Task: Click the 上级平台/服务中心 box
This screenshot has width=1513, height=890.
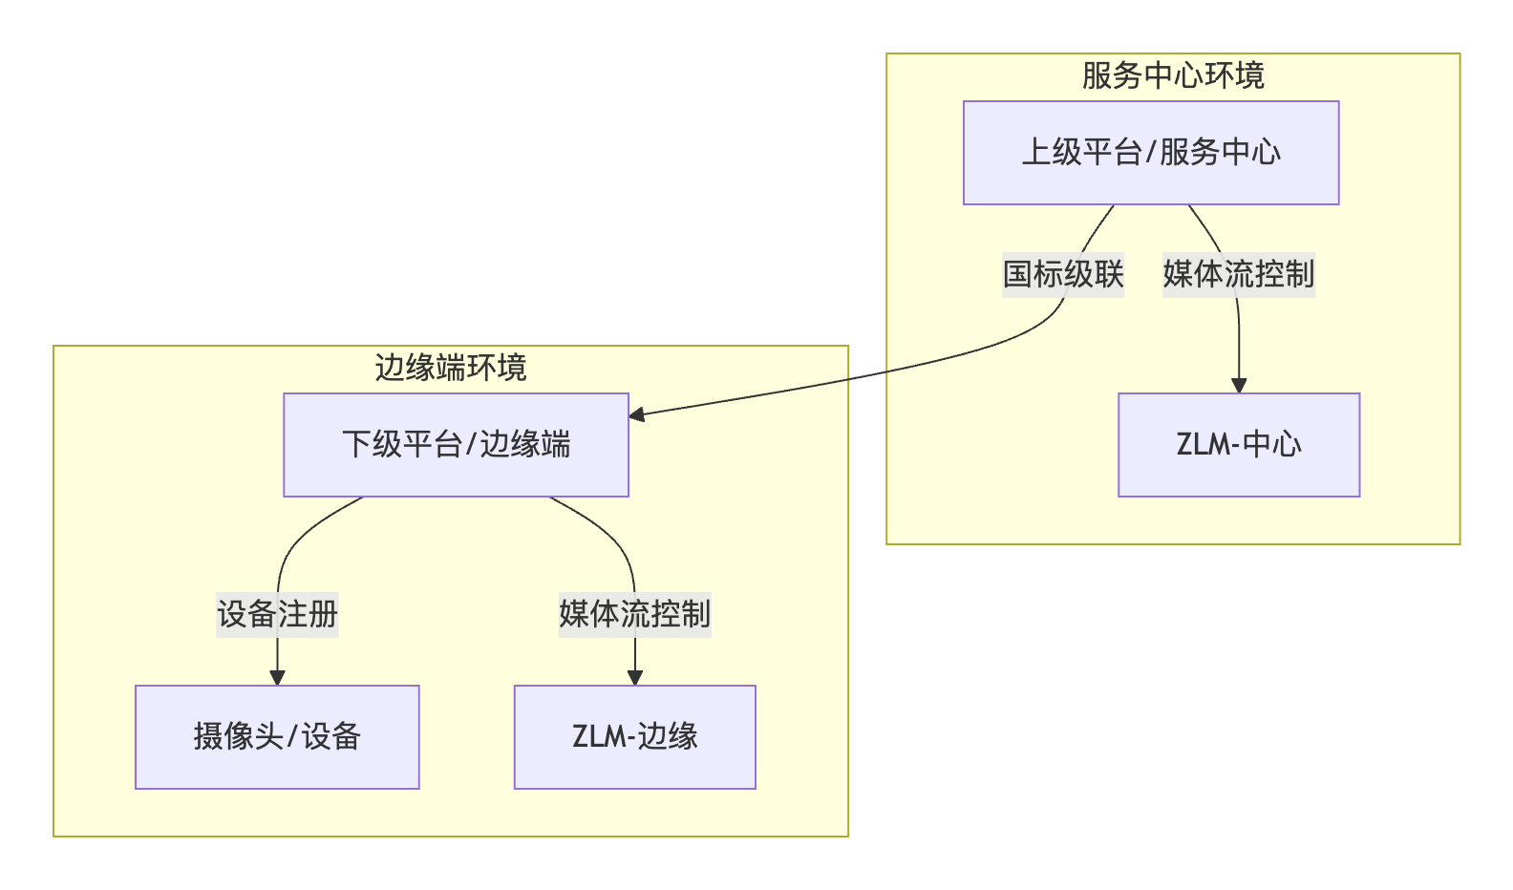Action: click(x=1151, y=153)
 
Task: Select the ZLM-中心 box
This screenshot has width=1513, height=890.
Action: click(x=1239, y=445)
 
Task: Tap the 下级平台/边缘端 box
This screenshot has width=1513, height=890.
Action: click(x=456, y=445)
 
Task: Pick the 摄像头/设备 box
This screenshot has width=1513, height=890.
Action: click(x=277, y=737)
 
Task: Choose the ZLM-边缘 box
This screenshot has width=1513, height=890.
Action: click(x=635, y=737)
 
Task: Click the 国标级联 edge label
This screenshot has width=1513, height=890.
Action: click(x=1063, y=275)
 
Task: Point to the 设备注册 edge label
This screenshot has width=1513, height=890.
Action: click(x=277, y=614)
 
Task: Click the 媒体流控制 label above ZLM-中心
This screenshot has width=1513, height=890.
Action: click(x=1239, y=275)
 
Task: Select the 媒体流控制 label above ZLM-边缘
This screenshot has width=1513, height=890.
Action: click(x=635, y=614)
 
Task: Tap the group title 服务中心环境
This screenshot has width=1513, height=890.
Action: click(x=1173, y=76)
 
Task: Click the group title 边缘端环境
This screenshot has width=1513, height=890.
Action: click(x=451, y=369)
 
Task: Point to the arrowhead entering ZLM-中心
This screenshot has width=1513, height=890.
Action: click(x=1239, y=386)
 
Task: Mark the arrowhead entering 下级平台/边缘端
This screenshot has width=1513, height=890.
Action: click(x=637, y=413)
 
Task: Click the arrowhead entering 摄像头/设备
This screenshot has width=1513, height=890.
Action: click(x=277, y=678)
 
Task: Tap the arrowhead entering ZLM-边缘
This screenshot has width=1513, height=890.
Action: click(x=635, y=678)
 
